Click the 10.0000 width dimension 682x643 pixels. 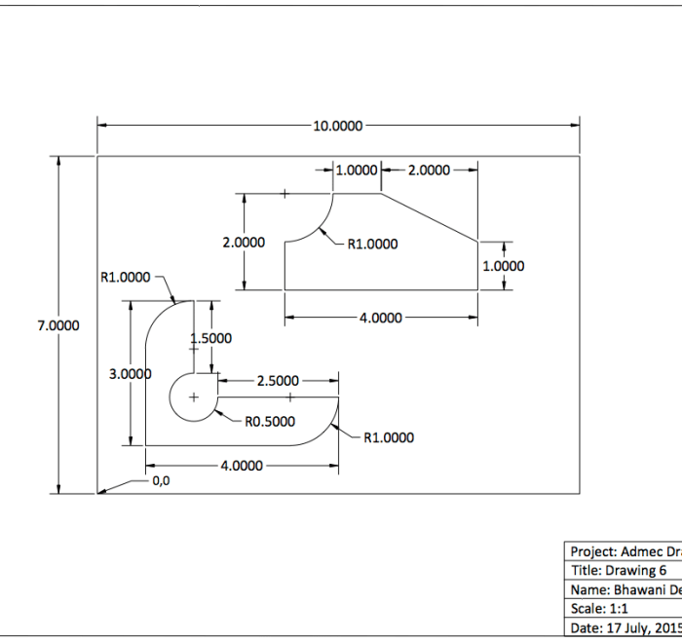click(337, 126)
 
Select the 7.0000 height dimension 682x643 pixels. click(58, 326)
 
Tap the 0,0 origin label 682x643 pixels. click(161, 480)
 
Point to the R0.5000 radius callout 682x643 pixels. click(269, 422)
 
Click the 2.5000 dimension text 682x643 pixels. click(278, 381)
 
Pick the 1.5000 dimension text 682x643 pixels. click(210, 338)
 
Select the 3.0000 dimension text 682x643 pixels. click(130, 373)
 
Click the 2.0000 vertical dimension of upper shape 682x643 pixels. click(244, 243)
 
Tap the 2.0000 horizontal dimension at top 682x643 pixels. click(429, 170)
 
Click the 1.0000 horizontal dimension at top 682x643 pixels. click(356, 170)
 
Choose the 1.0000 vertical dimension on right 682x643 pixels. click(503, 266)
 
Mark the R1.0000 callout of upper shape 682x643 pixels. click(372, 244)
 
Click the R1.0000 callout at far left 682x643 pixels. click(126, 277)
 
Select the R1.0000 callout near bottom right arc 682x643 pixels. click(388, 437)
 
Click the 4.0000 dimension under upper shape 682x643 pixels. click(375, 318)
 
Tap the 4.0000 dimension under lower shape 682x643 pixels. click(241, 466)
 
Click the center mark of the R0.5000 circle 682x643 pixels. click(193, 397)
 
